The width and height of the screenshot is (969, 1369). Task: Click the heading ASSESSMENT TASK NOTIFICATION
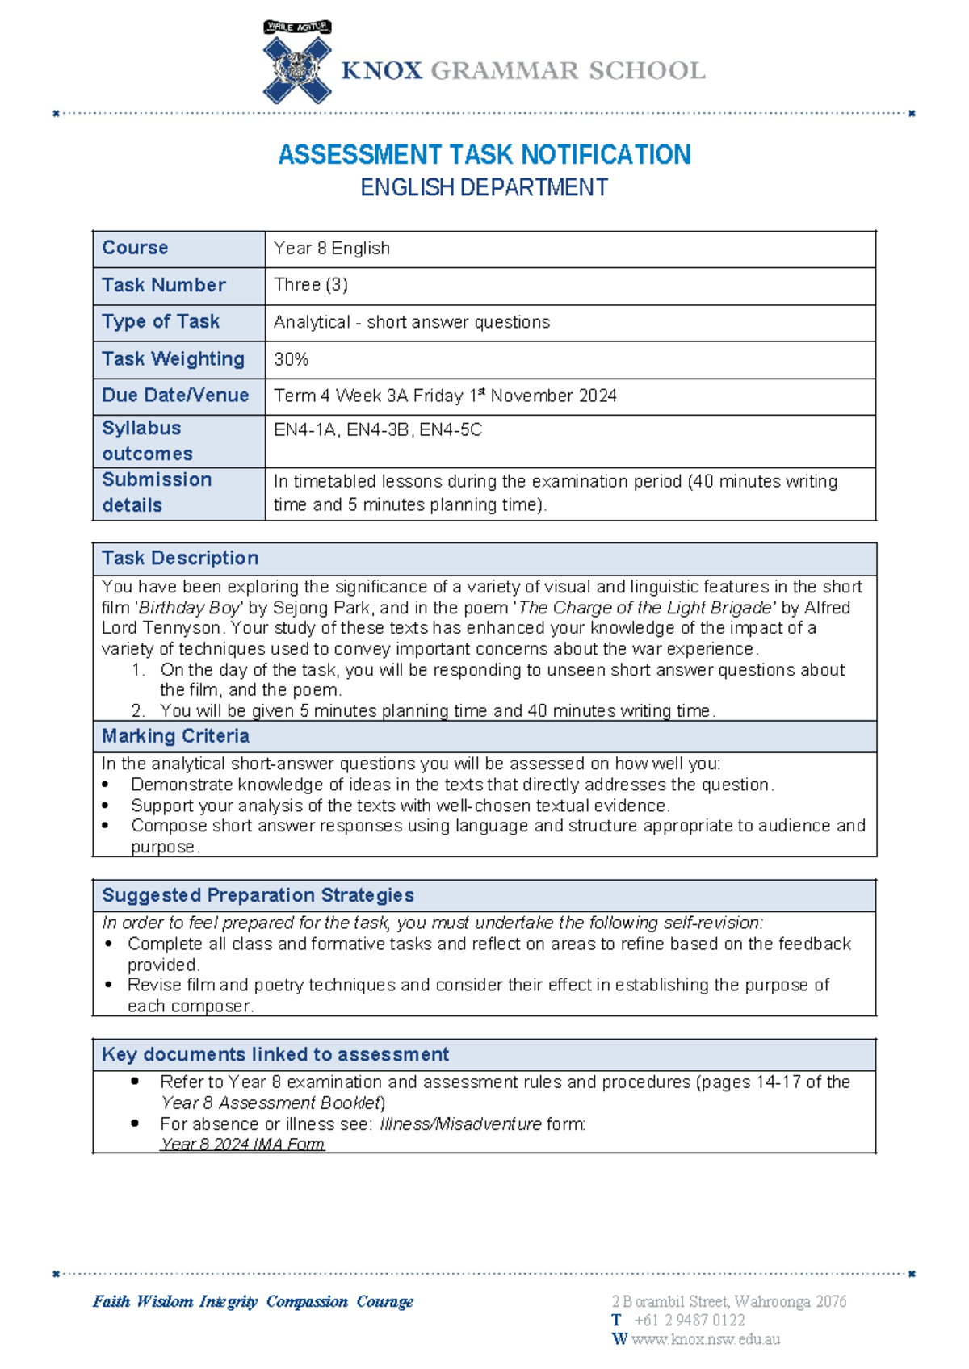point(484,154)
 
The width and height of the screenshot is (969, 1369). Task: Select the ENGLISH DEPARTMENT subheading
point(484,188)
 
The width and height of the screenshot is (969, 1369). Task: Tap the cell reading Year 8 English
point(332,249)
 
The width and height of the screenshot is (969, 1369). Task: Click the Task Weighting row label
point(173,359)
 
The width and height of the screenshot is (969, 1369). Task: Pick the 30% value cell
point(292,360)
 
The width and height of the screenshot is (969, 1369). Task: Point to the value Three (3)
point(311,285)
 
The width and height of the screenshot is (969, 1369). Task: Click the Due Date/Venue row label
point(175,396)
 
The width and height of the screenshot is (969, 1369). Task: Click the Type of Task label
point(161,322)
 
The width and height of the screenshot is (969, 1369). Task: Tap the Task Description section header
point(180,559)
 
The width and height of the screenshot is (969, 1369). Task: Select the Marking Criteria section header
point(175,736)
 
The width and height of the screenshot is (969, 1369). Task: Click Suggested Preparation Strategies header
point(258,895)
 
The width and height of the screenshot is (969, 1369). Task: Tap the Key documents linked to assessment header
point(275,1054)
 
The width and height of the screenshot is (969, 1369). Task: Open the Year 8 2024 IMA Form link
point(242,1145)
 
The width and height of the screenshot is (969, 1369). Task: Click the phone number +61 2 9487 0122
point(689,1321)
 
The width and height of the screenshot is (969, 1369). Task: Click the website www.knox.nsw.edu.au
point(705,1340)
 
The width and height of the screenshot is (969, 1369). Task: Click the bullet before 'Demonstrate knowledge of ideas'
point(106,785)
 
